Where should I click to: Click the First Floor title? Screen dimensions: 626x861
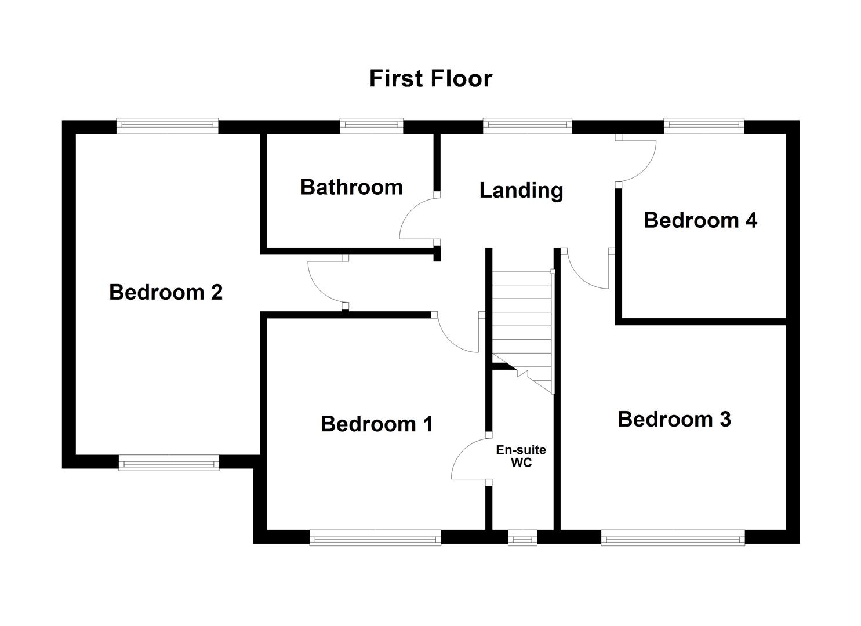(x=430, y=78)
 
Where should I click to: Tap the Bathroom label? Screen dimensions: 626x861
(x=351, y=187)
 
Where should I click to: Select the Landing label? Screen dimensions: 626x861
(x=521, y=190)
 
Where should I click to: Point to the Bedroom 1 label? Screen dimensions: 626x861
(x=377, y=424)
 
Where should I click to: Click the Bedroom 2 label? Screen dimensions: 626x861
(x=166, y=292)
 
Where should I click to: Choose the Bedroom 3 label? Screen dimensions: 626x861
(x=674, y=419)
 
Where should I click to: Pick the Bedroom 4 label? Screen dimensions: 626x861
(x=700, y=220)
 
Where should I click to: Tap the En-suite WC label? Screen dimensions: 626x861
(x=521, y=457)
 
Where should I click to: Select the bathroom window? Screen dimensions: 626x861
(x=371, y=126)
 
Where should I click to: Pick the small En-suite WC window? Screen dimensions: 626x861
(x=522, y=538)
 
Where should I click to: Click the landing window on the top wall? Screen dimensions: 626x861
(x=527, y=126)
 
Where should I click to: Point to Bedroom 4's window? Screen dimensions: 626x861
(x=703, y=126)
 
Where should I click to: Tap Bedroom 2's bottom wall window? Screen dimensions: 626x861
(x=169, y=462)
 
